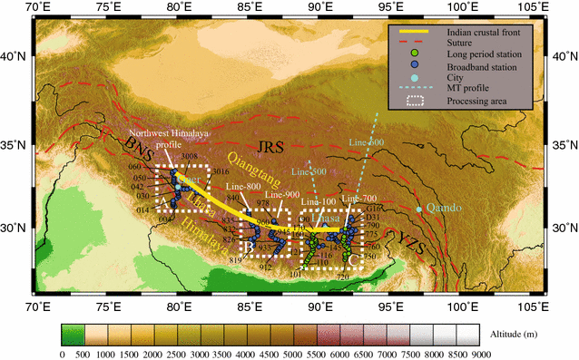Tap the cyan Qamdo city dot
point(419,209)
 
